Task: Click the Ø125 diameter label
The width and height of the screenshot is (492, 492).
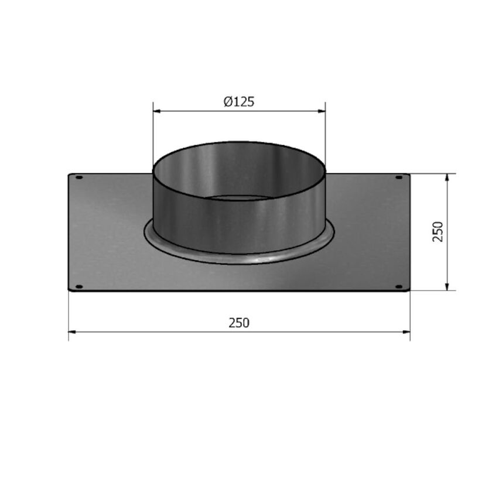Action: point(239,101)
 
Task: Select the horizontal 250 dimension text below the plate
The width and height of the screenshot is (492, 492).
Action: point(239,323)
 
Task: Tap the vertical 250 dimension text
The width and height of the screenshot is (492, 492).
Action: point(438,231)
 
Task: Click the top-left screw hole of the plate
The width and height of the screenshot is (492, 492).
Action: point(80,177)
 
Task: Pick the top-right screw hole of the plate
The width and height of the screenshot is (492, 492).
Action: point(399,177)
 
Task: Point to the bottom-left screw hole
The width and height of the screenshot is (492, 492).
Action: point(80,286)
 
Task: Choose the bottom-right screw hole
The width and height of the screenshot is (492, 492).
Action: point(399,286)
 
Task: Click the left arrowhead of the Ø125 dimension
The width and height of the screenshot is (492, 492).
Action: point(157,111)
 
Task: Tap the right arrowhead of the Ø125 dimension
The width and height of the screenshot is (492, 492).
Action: point(322,111)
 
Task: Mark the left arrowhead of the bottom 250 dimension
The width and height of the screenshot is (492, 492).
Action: point(73,332)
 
